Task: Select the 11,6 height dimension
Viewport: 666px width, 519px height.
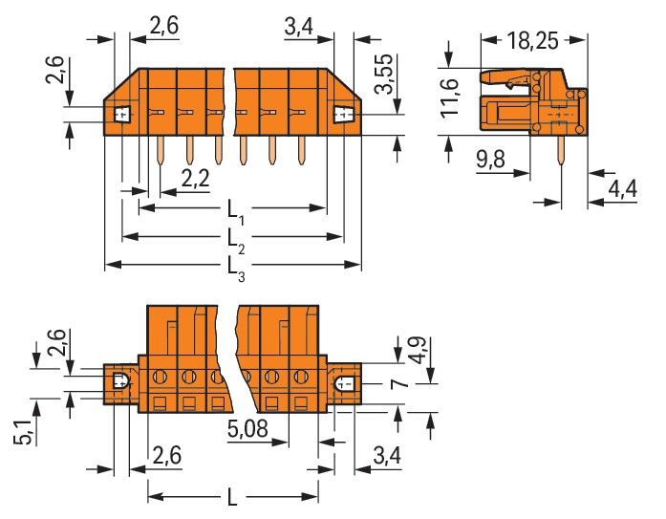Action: (454, 99)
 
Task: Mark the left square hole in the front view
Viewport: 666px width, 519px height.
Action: (121, 115)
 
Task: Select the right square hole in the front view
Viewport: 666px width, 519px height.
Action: (342, 115)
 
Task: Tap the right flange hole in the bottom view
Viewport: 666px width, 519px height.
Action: (345, 385)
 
